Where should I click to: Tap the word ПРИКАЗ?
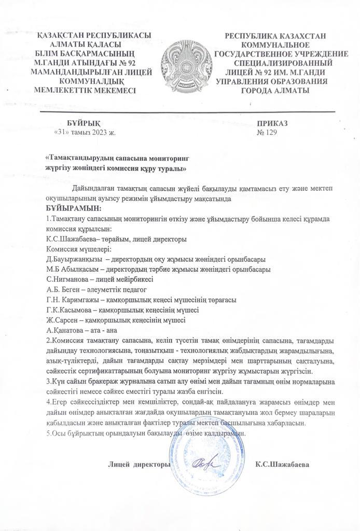point(272,123)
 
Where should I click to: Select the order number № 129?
point(267,132)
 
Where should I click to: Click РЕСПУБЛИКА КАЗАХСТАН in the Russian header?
point(275,35)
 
